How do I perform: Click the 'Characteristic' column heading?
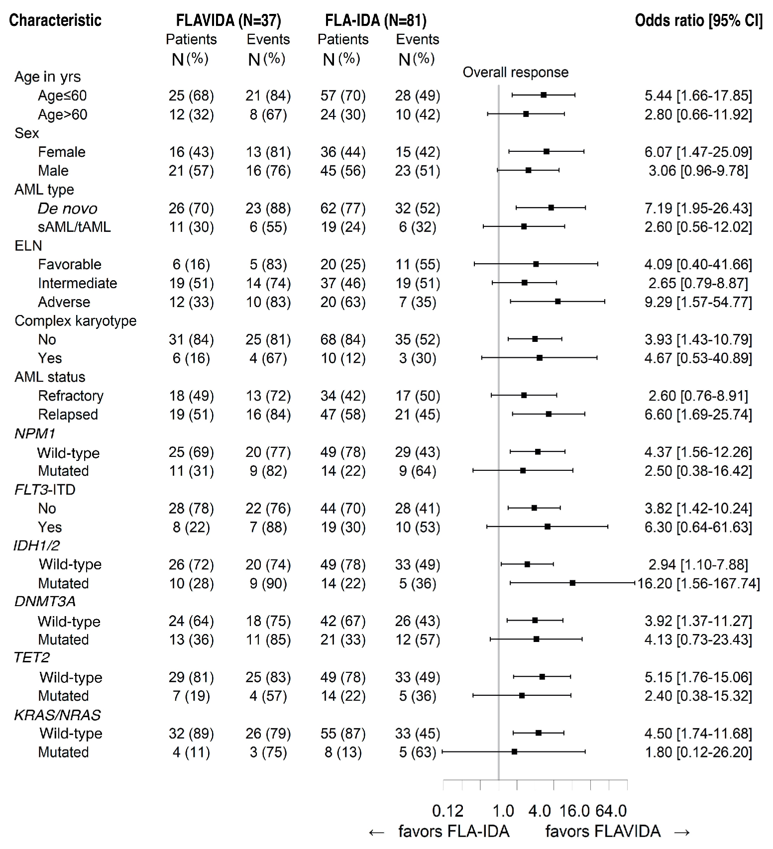click(55, 20)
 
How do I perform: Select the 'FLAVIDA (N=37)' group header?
click(228, 20)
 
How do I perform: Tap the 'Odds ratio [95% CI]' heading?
click(698, 20)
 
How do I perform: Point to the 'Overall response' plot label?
click(515, 73)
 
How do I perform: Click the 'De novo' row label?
click(68, 209)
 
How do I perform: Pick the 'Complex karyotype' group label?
click(76, 321)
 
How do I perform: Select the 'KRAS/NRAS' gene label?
click(57, 715)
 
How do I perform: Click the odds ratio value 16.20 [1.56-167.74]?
click(698, 583)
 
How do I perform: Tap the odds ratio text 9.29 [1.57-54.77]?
click(698, 302)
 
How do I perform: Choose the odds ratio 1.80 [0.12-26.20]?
click(698, 752)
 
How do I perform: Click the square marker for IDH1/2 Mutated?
click(572, 583)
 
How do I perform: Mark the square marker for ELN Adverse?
click(558, 302)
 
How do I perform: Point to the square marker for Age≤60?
click(544, 95)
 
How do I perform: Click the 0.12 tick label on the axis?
click(447, 811)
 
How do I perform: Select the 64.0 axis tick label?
click(611, 811)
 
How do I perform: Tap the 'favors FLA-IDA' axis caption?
click(453, 831)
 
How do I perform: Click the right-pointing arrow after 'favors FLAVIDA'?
click(682, 832)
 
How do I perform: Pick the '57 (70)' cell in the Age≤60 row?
click(343, 96)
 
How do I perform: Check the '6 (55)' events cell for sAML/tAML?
click(268, 227)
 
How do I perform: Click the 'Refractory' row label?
click(71, 396)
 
